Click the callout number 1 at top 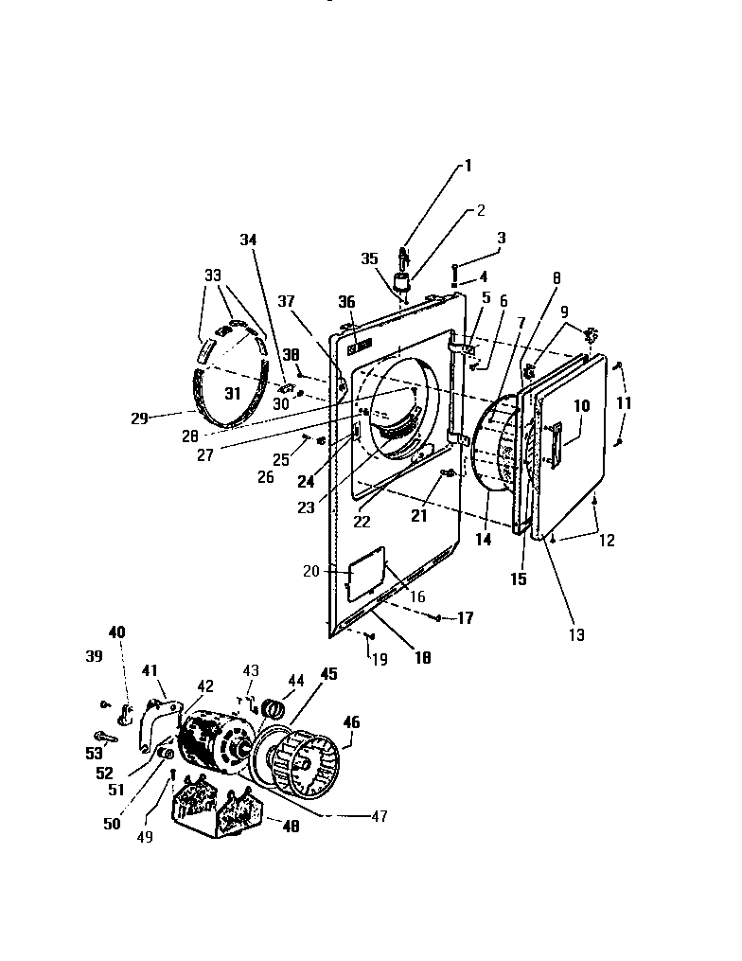pos(466,166)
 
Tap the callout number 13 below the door pos(576,635)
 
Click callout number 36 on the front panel pos(346,302)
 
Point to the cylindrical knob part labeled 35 pos(405,284)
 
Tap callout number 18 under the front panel pos(422,656)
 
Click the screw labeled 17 pos(438,618)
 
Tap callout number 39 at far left pos(94,655)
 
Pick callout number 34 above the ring pos(248,240)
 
